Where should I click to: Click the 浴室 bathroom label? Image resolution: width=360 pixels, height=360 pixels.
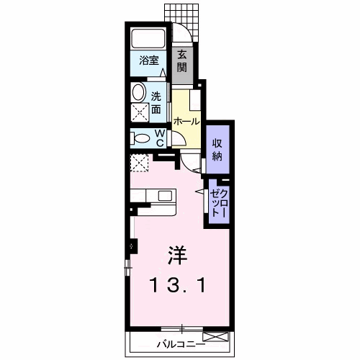(148, 62)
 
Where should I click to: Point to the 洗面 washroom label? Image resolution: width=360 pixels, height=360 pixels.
(156, 102)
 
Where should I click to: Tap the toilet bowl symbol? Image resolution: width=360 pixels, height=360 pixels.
(140, 138)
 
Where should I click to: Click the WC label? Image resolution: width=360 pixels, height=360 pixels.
(160, 137)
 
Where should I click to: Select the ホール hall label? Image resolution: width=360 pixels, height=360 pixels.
(186, 122)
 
